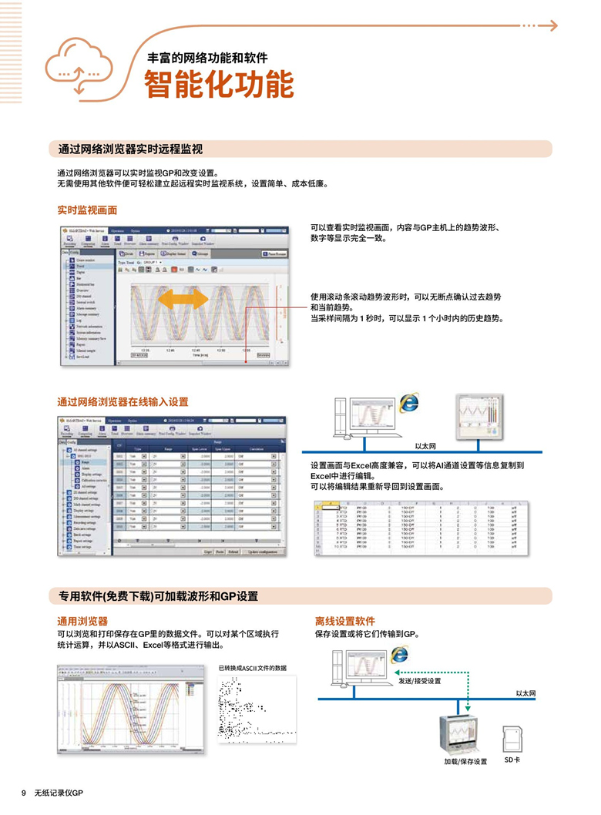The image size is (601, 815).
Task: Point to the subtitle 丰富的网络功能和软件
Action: tap(207, 58)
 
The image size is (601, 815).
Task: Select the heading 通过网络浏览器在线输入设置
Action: tap(123, 401)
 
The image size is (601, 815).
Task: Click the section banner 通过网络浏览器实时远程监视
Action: tap(131, 149)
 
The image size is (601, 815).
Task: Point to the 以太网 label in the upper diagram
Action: tap(425, 445)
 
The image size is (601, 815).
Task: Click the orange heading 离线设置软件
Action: tap(344, 620)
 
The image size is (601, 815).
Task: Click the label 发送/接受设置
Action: tap(419, 681)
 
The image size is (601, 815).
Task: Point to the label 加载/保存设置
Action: tap(465, 761)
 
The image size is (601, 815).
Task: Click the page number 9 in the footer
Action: tap(24, 793)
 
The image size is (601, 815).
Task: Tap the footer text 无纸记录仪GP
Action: tap(58, 793)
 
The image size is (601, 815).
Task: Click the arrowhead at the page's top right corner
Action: tap(552, 25)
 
